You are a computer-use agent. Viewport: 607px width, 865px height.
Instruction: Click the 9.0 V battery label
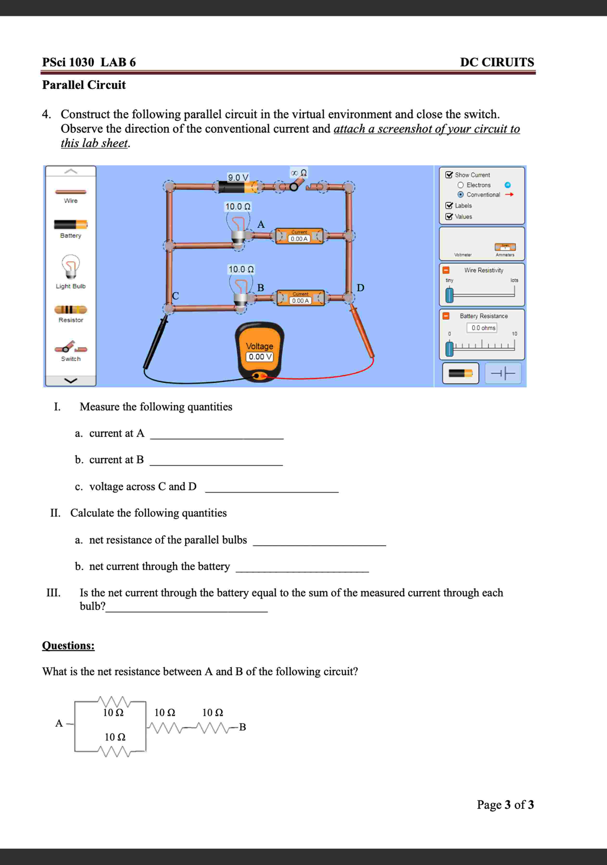238,177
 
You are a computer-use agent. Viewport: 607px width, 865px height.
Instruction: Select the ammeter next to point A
299,236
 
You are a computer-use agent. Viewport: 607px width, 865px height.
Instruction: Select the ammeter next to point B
300,298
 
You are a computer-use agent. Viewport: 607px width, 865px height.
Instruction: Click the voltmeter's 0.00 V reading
259,356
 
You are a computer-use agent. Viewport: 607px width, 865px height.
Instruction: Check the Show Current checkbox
449,175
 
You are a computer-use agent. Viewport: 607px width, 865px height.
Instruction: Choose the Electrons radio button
460,185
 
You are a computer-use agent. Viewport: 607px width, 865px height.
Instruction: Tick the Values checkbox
449,217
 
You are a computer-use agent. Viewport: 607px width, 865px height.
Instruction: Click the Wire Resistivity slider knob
449,295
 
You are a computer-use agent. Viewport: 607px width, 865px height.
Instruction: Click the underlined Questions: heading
68,645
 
